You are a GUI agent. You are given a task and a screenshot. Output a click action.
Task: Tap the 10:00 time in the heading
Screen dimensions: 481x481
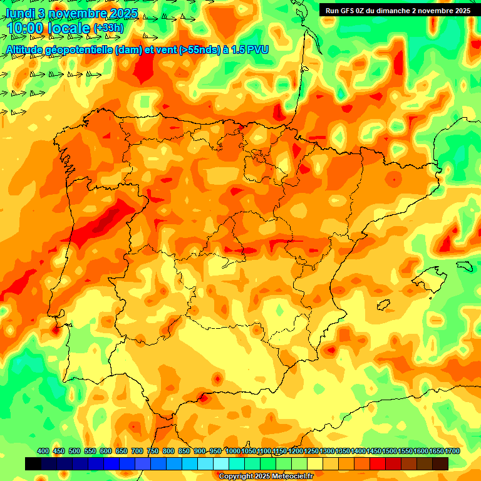tap(25, 28)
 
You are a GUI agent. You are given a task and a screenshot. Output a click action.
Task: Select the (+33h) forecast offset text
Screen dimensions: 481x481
tap(108, 28)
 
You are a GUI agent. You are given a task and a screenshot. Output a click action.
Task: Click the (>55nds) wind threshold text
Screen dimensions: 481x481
tap(200, 49)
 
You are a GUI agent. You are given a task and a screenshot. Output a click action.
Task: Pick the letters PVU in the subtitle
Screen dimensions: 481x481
tap(257, 49)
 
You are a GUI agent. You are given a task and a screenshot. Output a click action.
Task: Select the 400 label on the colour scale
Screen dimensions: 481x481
tap(43, 452)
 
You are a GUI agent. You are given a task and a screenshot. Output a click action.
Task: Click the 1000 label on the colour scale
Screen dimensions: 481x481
tap(232, 452)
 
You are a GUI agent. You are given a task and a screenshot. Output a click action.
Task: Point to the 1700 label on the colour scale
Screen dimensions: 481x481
tap(436, 452)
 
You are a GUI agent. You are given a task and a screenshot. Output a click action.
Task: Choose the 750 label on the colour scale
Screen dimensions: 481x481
tap(153, 452)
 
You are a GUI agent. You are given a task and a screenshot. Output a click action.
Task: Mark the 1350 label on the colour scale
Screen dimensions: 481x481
tap(342, 452)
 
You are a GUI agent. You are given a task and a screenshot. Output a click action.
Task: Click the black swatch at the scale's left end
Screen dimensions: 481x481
tap(33, 463)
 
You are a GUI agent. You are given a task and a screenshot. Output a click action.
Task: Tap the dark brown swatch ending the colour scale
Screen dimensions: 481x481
tap(440, 463)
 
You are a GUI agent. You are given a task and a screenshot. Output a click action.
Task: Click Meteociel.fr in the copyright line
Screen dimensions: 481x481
tap(289, 477)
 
